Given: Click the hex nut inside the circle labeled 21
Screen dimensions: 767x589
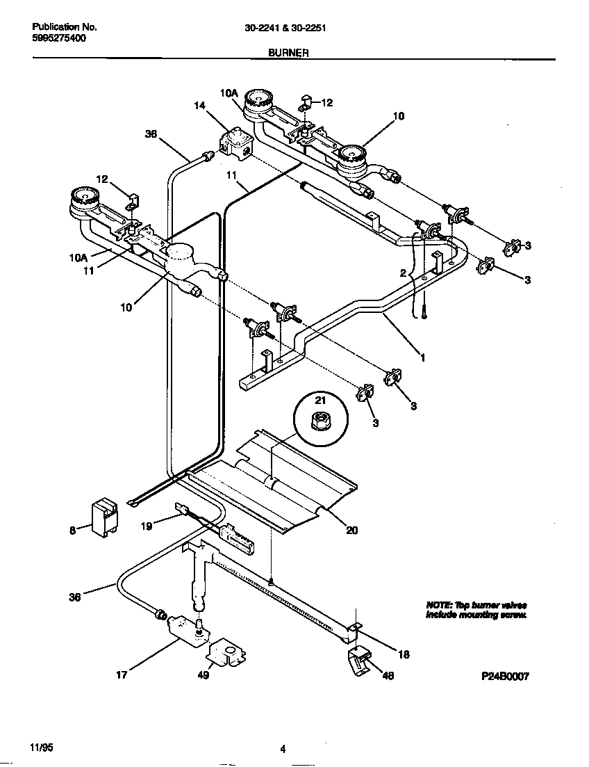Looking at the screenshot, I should pyautogui.click(x=320, y=421).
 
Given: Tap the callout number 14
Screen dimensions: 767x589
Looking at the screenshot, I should pyautogui.click(x=200, y=106).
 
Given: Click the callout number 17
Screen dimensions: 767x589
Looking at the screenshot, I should pyautogui.click(x=122, y=674).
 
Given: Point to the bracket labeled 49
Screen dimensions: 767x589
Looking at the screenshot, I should pyautogui.click(x=226, y=653).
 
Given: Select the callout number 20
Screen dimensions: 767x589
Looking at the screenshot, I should pyautogui.click(x=352, y=530).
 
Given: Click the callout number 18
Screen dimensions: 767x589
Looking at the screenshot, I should pyautogui.click(x=402, y=654).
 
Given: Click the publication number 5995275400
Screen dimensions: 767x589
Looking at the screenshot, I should pyautogui.click(x=59, y=38).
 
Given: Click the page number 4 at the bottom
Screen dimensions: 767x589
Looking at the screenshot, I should pyautogui.click(x=283, y=749).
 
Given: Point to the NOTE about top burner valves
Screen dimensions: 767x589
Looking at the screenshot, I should pyautogui.click(x=476, y=611).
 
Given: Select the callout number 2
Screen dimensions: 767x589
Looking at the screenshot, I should pyautogui.click(x=402, y=274).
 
